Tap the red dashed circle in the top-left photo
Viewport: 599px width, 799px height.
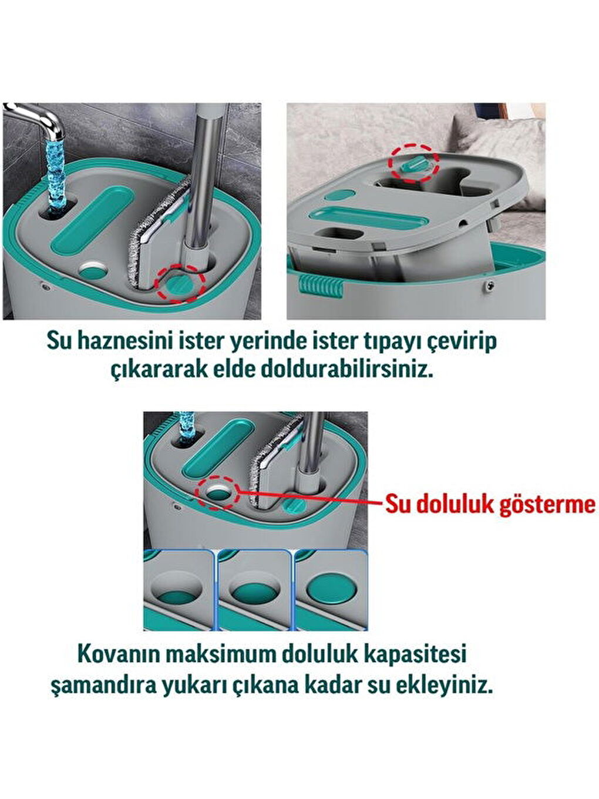[x=180, y=284]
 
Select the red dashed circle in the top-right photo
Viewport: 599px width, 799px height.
[x=415, y=162]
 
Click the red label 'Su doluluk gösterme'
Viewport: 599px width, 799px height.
[x=490, y=504]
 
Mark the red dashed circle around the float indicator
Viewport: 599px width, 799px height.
[x=218, y=492]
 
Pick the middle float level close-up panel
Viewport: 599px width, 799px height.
[x=254, y=589]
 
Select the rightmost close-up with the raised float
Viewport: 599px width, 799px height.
[x=331, y=589]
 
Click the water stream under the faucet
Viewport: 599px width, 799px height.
[x=56, y=170]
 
